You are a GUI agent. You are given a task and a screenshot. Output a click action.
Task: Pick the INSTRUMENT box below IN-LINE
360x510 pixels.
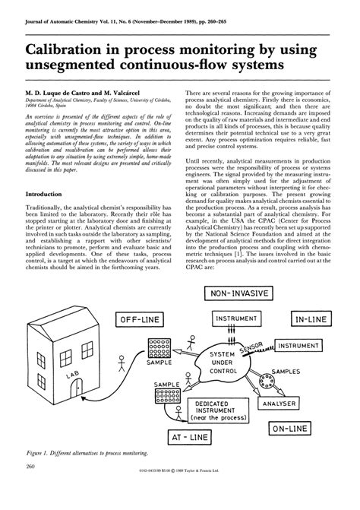pyautogui.click(x=305, y=346)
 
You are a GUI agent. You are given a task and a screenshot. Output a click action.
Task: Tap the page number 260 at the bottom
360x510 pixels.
pyautogui.click(x=31, y=487)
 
